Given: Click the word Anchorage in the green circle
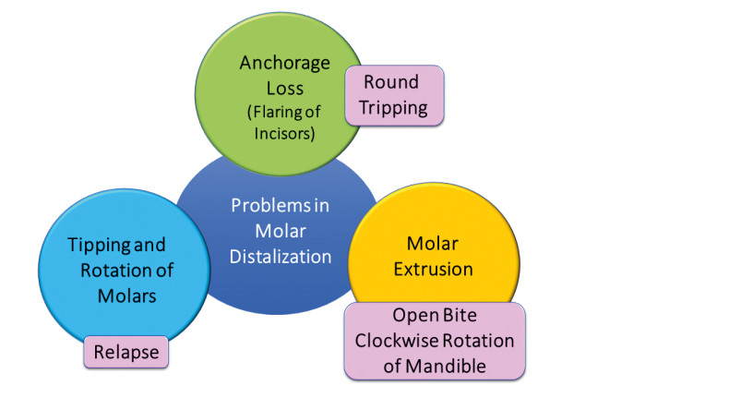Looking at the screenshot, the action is [x=284, y=64].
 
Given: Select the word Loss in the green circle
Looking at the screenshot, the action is [x=284, y=89].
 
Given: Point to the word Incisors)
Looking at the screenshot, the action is [x=284, y=134].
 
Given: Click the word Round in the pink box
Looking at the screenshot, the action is [x=391, y=82].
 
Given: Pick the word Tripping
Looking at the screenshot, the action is [x=393, y=108].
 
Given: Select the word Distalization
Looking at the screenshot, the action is [x=281, y=257].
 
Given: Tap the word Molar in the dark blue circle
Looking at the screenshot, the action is [x=281, y=231].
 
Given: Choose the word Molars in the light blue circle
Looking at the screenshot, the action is [x=127, y=296].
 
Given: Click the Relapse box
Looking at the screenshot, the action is [x=126, y=353].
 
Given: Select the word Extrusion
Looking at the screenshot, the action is [x=434, y=269].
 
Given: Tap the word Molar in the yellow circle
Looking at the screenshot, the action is [x=433, y=244].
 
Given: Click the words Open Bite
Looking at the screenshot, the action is [x=435, y=316].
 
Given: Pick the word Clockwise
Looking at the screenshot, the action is [x=391, y=341].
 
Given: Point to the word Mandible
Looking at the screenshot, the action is [x=446, y=367].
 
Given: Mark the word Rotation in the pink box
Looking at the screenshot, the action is [x=472, y=341].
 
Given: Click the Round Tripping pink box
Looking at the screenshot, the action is [x=394, y=95].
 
